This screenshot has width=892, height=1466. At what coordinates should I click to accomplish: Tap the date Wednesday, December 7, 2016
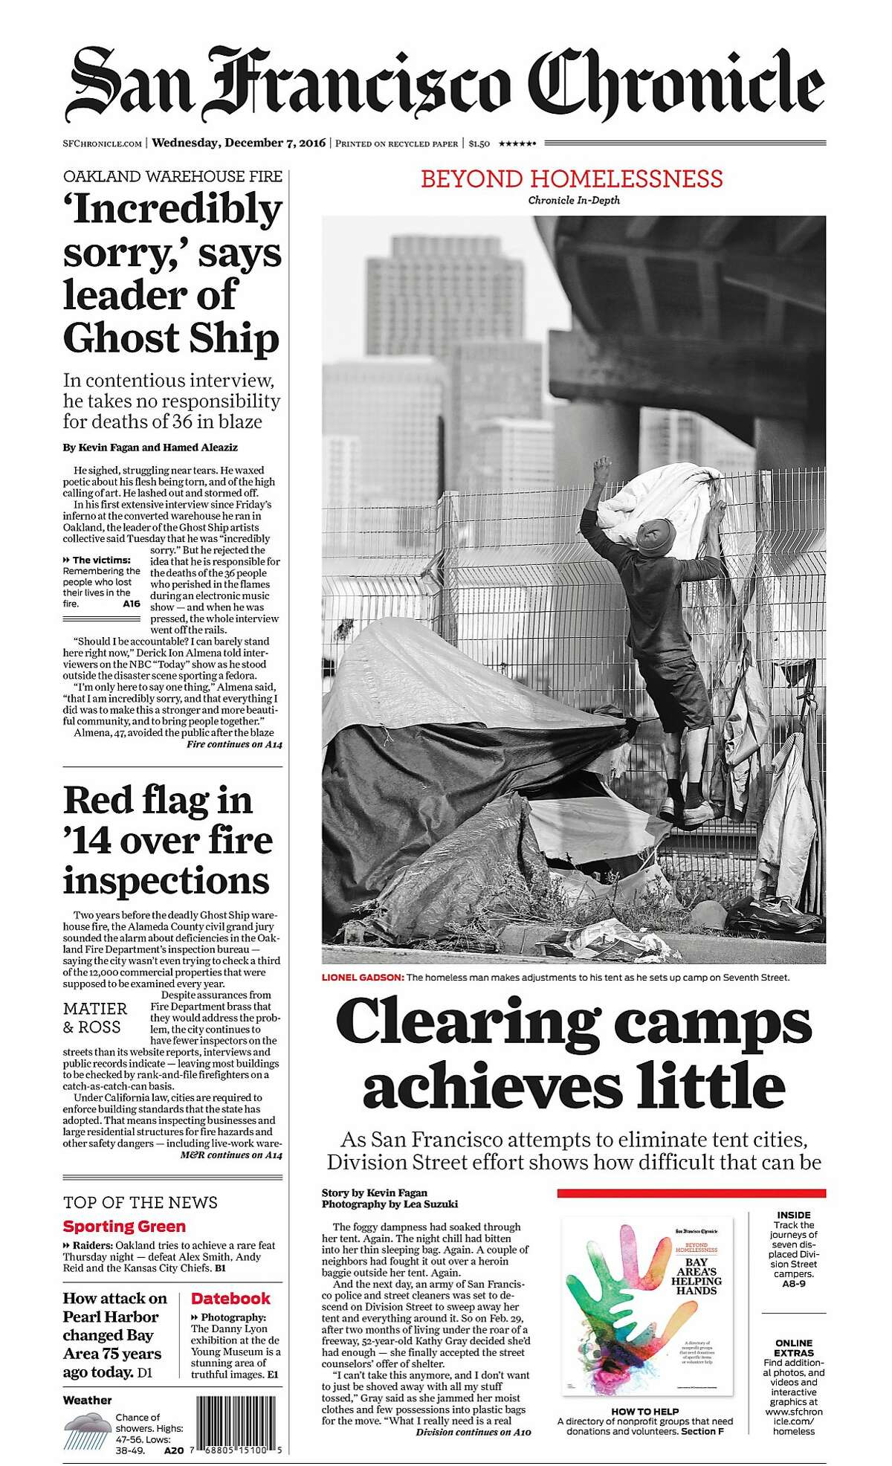coord(239,143)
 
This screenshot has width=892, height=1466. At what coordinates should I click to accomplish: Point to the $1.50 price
coord(479,144)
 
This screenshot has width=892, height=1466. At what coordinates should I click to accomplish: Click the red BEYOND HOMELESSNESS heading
coord(572,179)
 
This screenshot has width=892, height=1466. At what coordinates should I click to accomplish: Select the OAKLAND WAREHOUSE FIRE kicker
coord(172,177)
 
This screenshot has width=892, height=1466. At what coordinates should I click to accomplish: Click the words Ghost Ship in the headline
coord(171,338)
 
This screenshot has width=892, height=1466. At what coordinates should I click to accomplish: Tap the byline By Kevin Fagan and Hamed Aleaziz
coord(150,448)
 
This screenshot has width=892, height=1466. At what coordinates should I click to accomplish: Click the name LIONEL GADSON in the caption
coord(363,977)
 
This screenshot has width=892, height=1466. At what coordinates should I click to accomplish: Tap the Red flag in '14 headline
coord(167,840)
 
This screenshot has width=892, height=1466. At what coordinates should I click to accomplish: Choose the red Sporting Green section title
coord(124,1227)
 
